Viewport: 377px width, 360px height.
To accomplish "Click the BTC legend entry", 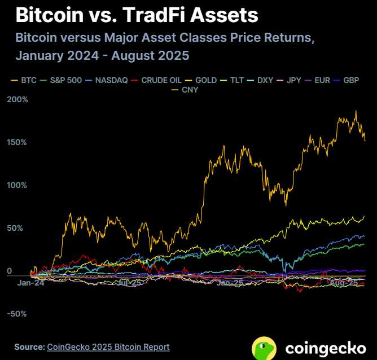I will tap(23, 80).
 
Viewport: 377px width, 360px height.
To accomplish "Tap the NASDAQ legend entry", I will tap(106, 80).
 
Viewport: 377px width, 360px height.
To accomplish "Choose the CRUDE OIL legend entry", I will tap(157, 80).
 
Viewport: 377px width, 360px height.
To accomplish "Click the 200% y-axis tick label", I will tap(17, 100).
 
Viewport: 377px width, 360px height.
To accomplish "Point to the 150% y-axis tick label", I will tap(17, 142).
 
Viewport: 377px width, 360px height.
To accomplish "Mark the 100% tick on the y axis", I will tap(17, 185).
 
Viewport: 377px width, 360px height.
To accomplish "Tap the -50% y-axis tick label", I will tap(17, 314).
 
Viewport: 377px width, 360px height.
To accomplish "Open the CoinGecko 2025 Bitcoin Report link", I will tap(108, 346).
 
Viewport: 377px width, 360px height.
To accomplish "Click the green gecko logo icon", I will tap(264, 348).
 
